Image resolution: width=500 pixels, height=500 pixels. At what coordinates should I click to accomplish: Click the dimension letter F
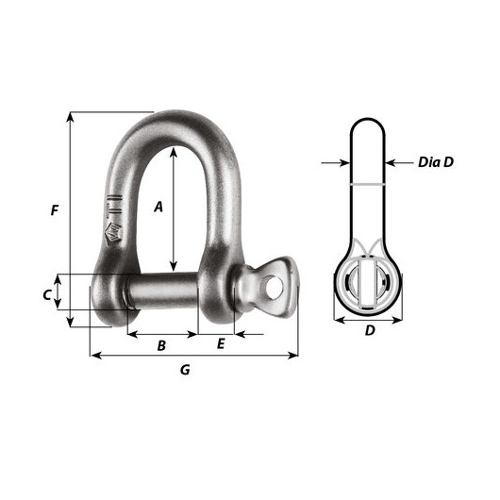pyautogui.click(x=55, y=210)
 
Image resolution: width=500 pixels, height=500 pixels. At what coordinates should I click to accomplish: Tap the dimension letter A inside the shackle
pyautogui.click(x=158, y=207)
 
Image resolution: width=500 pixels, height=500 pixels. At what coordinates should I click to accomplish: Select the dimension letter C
pyautogui.click(x=47, y=295)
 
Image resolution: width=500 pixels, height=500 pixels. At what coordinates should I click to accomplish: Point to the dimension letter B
pyautogui.click(x=161, y=345)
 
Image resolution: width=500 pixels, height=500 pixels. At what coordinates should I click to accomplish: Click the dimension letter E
pyautogui.click(x=221, y=344)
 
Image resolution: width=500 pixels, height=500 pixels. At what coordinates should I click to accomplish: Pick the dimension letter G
pyautogui.click(x=185, y=370)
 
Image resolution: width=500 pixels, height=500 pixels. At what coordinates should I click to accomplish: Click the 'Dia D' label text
pyautogui.click(x=436, y=162)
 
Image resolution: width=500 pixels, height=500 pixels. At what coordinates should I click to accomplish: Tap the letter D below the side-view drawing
pyautogui.click(x=370, y=330)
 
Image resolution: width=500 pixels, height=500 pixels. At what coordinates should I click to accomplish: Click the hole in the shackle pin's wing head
pyautogui.click(x=274, y=287)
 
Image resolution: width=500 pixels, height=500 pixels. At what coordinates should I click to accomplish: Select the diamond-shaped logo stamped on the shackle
pyautogui.click(x=113, y=235)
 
